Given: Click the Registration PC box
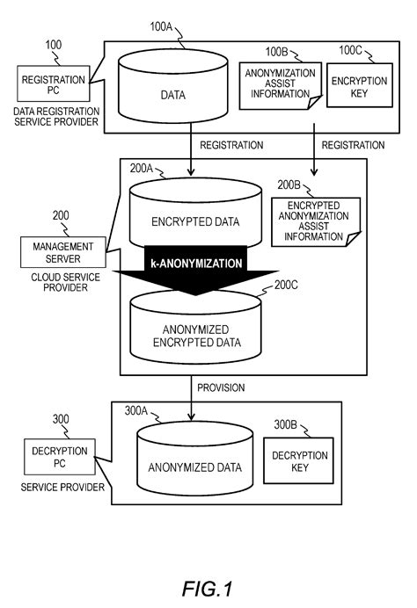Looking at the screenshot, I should (53, 86).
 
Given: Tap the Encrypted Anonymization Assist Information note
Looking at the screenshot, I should (309, 222).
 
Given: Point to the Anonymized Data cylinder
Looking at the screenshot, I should (192, 467).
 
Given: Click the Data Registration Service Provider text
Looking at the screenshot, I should (55, 117).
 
